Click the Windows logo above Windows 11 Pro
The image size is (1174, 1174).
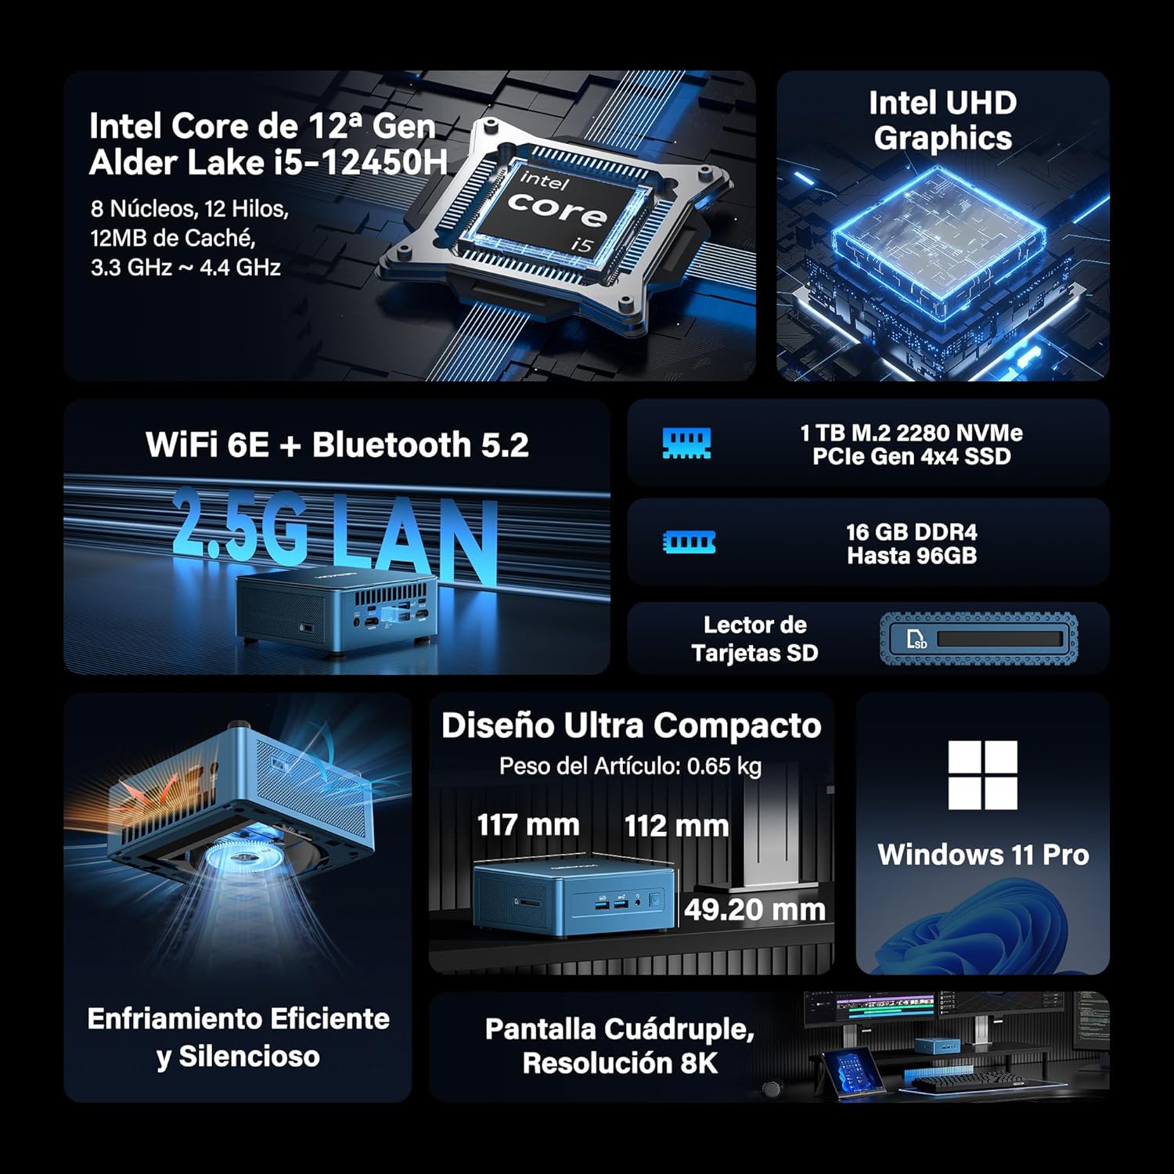point(982,775)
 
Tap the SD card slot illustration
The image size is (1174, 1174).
point(978,639)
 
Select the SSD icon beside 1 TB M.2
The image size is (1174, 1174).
point(686,444)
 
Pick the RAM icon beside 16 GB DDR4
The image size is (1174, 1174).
point(689,542)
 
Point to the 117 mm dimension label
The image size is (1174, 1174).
point(528,825)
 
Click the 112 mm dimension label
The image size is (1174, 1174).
point(676,826)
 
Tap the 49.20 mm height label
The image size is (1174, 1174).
point(754,909)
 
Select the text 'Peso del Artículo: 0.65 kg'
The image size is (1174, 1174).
point(630,765)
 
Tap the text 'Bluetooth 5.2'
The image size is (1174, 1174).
point(420,445)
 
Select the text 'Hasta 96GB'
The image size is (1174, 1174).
point(912,556)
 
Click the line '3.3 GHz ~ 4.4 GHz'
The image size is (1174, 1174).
point(185,268)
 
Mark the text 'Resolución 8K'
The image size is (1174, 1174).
point(620,1063)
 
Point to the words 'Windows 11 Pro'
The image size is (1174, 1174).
point(983,855)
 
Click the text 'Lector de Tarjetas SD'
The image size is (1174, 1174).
point(754,639)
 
